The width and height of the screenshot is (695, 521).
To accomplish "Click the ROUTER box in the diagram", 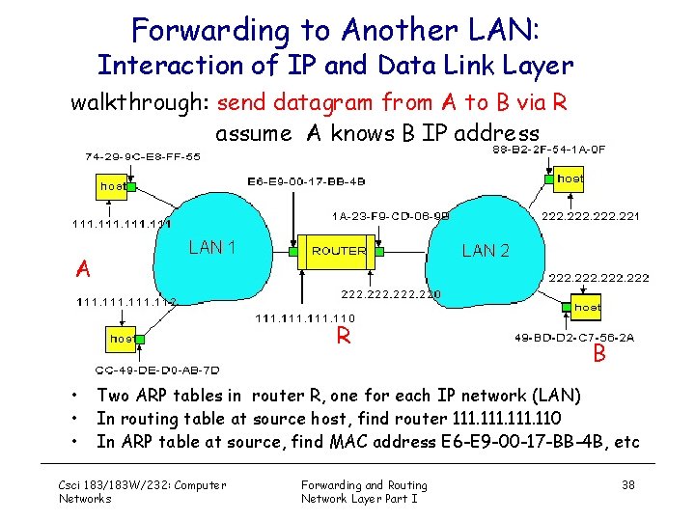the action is (339, 250).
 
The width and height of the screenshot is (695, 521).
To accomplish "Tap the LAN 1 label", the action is (212, 247).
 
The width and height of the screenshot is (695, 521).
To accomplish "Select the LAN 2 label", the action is (486, 251).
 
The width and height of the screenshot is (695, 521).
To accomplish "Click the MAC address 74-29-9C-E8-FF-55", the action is (143, 155).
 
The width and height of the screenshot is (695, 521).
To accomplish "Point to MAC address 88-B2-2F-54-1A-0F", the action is (549, 150).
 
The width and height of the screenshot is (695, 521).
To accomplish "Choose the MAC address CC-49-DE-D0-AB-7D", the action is (157, 370).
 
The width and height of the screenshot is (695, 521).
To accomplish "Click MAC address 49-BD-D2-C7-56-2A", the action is (575, 338).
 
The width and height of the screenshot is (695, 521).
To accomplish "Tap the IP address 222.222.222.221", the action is (591, 216).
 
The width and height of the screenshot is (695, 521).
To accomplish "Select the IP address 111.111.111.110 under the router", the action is (304, 318).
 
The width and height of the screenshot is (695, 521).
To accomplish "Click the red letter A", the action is (85, 269).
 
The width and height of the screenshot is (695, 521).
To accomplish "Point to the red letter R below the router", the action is (343, 337).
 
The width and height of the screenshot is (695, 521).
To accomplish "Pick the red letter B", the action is (599, 354).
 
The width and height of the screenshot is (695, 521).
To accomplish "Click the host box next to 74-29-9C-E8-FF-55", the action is (113, 185).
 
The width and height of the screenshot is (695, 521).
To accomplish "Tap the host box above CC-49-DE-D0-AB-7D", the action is (122, 339).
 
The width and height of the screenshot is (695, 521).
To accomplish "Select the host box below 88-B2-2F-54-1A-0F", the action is (570, 178).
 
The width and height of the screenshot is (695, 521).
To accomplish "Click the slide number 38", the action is (628, 484).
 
